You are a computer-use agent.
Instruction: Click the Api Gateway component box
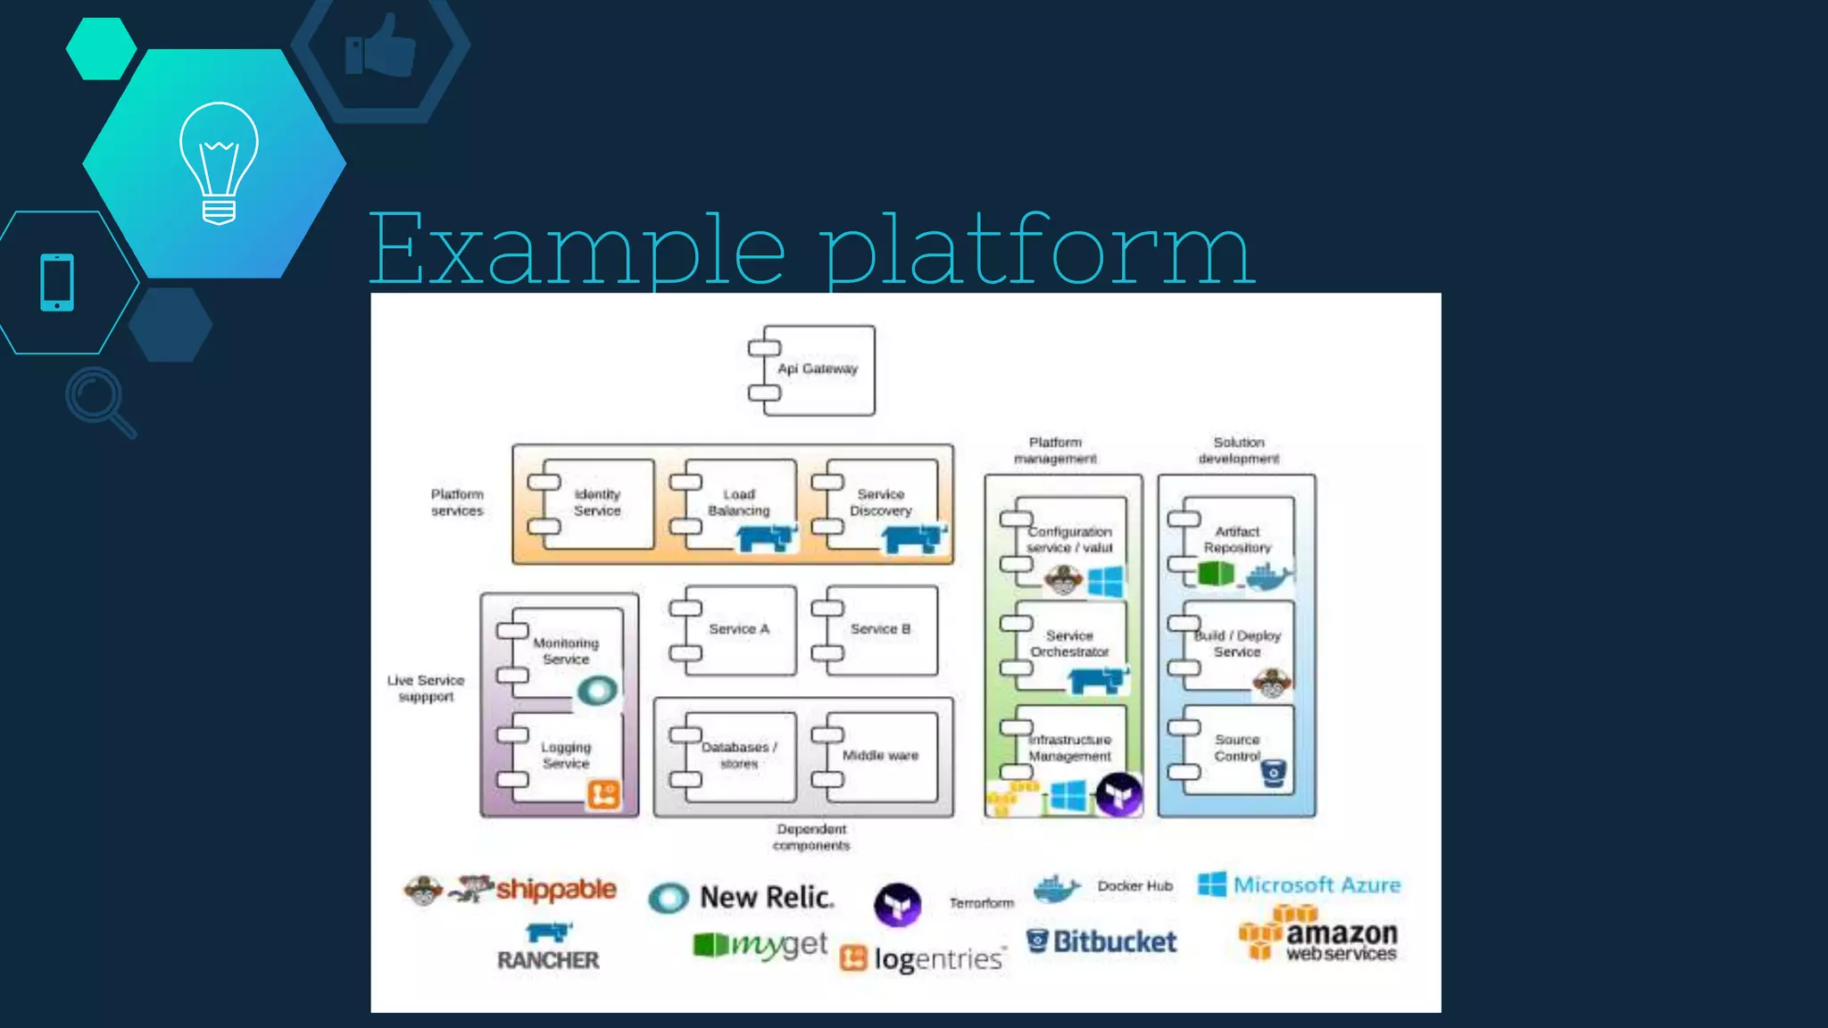click(817, 369)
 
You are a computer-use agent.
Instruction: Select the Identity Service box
click(596, 503)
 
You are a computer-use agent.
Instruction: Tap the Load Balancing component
click(738, 502)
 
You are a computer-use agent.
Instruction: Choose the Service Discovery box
click(880, 502)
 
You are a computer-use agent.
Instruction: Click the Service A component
click(738, 629)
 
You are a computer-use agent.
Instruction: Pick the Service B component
click(880, 629)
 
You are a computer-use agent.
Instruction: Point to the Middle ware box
click(880, 756)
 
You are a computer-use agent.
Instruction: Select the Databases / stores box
click(738, 756)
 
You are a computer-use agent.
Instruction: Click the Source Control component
click(1236, 748)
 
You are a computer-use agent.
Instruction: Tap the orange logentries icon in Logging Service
click(602, 794)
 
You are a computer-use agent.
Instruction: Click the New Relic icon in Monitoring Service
click(597, 690)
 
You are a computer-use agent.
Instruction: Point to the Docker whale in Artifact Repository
click(1268, 576)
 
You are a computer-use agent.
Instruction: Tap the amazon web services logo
click(1319, 935)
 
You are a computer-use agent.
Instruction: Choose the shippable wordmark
click(555, 889)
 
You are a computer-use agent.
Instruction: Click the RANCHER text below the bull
click(548, 960)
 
